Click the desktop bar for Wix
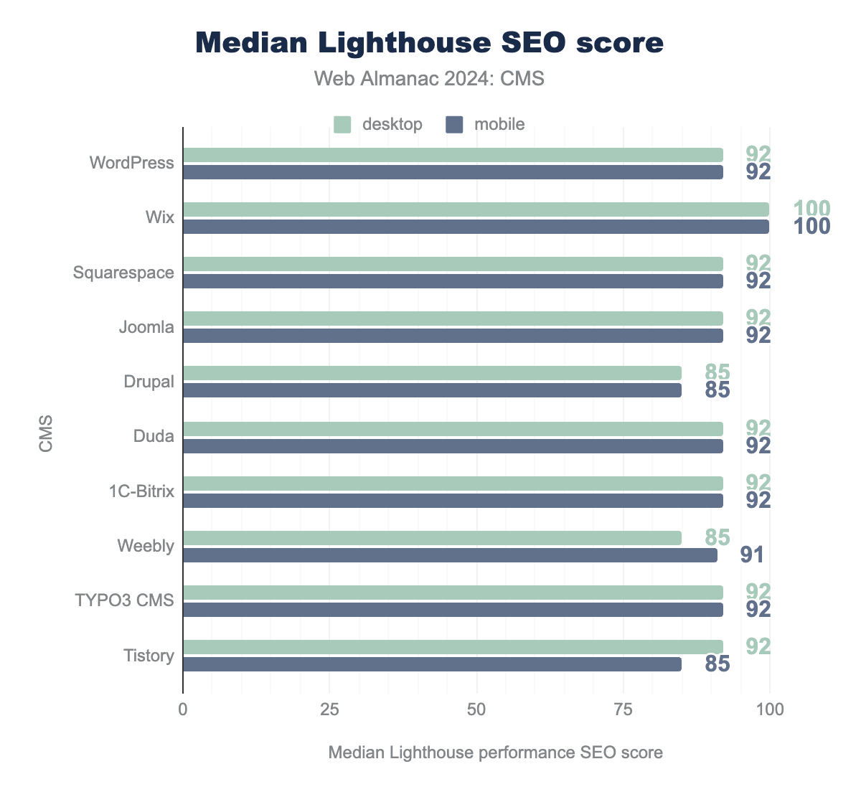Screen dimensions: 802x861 pyautogui.click(x=476, y=209)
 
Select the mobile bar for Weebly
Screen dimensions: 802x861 pyautogui.click(x=450, y=555)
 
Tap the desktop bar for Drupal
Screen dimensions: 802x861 pyautogui.click(x=432, y=373)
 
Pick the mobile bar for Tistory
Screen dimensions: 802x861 pyautogui.click(x=432, y=664)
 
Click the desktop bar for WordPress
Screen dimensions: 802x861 pyautogui.click(x=453, y=155)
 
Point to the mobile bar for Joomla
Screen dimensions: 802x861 pyautogui.click(x=453, y=336)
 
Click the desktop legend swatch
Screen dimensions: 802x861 pyautogui.click(x=342, y=124)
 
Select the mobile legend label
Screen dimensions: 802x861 pyautogui.click(x=499, y=124)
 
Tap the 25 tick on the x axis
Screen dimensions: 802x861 pyautogui.click(x=329, y=710)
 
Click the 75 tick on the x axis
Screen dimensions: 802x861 pyautogui.click(x=623, y=710)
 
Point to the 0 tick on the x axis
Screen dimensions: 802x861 pyautogui.click(x=183, y=710)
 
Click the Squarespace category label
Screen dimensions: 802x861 pyautogui.click(x=123, y=273)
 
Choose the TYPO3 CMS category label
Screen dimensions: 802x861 pyautogui.click(x=125, y=600)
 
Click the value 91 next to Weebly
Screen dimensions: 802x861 pyautogui.click(x=751, y=555)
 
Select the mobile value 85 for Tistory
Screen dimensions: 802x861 pyautogui.click(x=717, y=664)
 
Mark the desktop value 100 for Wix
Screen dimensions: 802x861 pyautogui.click(x=811, y=209)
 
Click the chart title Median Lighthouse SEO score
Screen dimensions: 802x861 pyautogui.click(x=430, y=43)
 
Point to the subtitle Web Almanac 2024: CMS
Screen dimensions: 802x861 pyautogui.click(x=430, y=78)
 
